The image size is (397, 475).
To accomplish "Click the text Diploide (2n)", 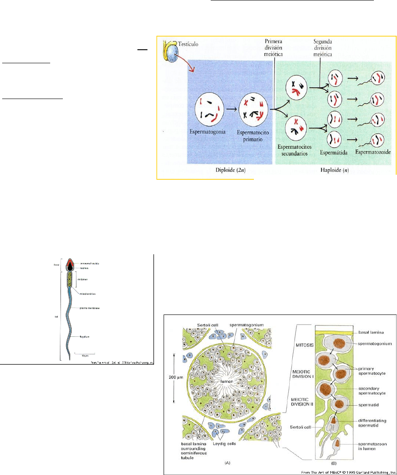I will [x=230, y=171].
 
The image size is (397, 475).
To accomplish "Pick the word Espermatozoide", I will [x=373, y=153].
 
